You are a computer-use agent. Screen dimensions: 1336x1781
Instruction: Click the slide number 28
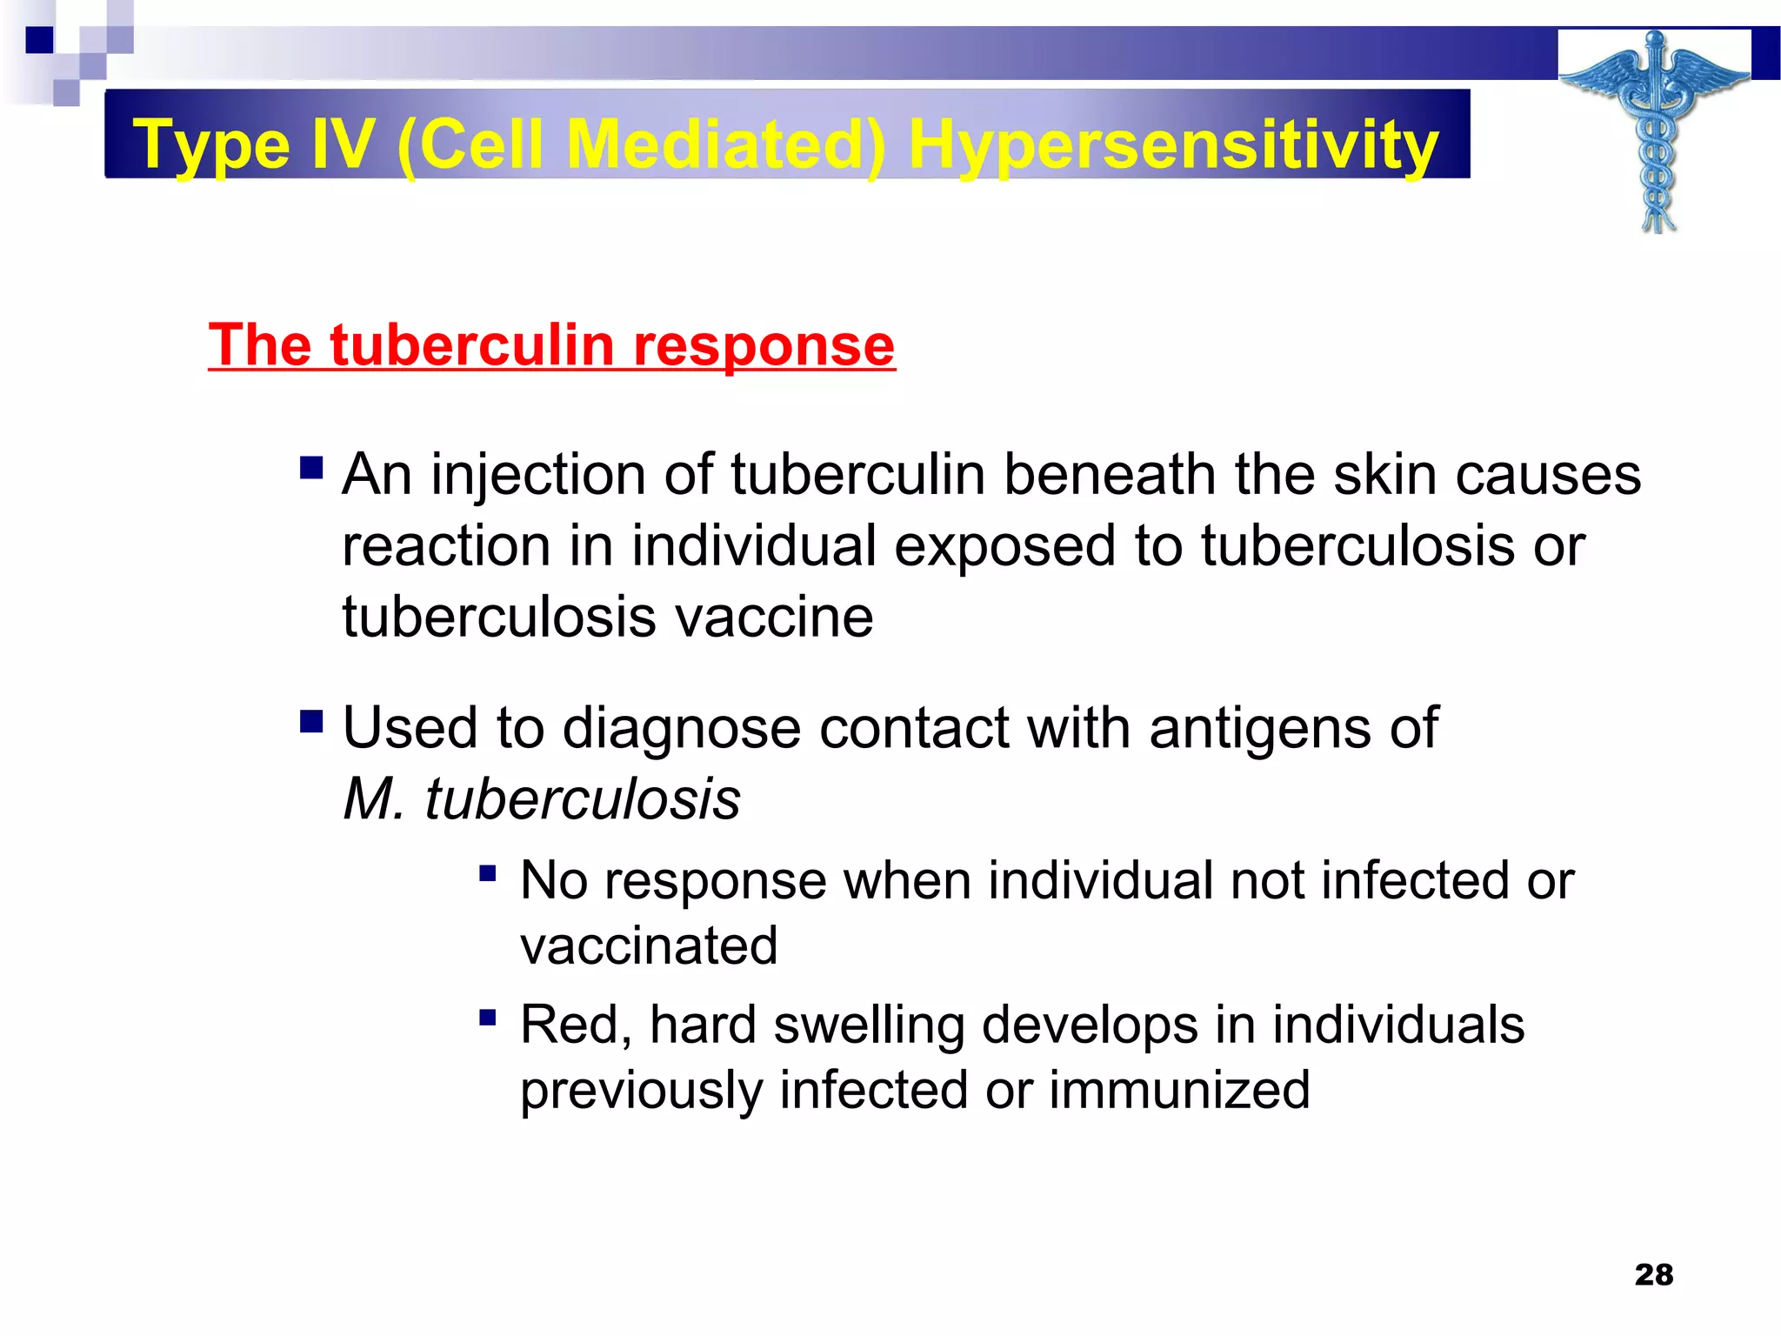[1653, 1274]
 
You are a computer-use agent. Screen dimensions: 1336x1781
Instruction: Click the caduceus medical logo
[1655, 130]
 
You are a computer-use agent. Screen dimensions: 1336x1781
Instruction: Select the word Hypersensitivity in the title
[1173, 144]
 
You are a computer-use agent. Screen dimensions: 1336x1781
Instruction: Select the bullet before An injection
[311, 469]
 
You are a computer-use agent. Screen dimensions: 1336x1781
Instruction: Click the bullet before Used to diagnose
[311, 721]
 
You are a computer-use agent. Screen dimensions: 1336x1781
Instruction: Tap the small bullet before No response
[488, 872]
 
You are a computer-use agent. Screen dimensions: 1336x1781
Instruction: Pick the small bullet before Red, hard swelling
[488, 1016]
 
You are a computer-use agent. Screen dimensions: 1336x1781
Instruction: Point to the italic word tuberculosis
[582, 799]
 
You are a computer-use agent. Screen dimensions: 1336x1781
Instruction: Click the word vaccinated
[649, 946]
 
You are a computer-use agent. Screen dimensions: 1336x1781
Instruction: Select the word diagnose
[681, 729]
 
